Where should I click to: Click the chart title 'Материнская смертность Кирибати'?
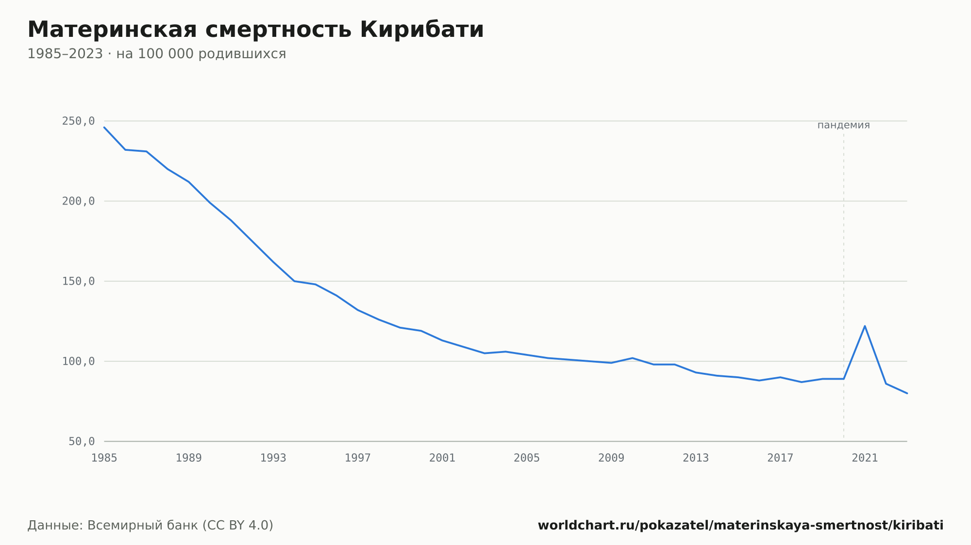[255, 30]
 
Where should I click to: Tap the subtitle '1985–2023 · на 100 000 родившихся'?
[157, 54]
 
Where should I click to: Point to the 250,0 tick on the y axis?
[78, 121]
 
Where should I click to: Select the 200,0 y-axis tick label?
[78, 201]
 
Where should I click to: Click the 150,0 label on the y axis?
[78, 281]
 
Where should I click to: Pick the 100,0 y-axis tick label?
[78, 361]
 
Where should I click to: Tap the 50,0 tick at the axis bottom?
[82, 441]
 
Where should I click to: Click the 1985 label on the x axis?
[104, 458]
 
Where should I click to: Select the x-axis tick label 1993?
[273, 458]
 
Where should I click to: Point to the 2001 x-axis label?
[442, 458]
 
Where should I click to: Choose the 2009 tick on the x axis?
[611, 458]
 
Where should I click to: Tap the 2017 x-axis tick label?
[780, 458]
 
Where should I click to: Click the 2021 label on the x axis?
[865, 458]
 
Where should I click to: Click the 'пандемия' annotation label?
[844, 125]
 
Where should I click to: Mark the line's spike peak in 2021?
[865, 326]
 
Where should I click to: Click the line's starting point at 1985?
[104, 127]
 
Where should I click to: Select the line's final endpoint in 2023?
[907, 393]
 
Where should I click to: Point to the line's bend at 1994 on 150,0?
[294, 281]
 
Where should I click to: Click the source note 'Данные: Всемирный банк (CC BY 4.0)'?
[151, 525]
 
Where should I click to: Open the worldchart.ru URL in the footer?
[741, 525]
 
